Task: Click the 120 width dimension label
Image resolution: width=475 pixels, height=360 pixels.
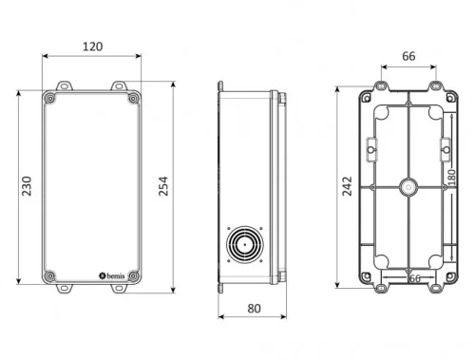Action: click(x=92, y=46)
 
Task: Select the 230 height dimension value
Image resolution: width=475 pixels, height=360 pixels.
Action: click(x=28, y=187)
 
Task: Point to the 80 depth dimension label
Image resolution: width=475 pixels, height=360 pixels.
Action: click(x=253, y=308)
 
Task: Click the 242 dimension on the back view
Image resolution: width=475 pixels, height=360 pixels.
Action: click(x=347, y=187)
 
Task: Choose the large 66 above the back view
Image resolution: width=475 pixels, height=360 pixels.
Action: click(x=408, y=56)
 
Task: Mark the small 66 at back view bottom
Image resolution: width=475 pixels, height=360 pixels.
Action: click(x=413, y=279)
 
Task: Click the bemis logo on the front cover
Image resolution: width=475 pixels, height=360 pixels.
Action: click(x=110, y=276)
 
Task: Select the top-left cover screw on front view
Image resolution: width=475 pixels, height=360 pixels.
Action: click(x=48, y=98)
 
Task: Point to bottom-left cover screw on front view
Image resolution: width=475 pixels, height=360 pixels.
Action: click(x=48, y=276)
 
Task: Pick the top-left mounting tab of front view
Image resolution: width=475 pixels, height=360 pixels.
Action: click(x=65, y=86)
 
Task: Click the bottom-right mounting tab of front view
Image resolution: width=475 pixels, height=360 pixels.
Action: click(x=121, y=287)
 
